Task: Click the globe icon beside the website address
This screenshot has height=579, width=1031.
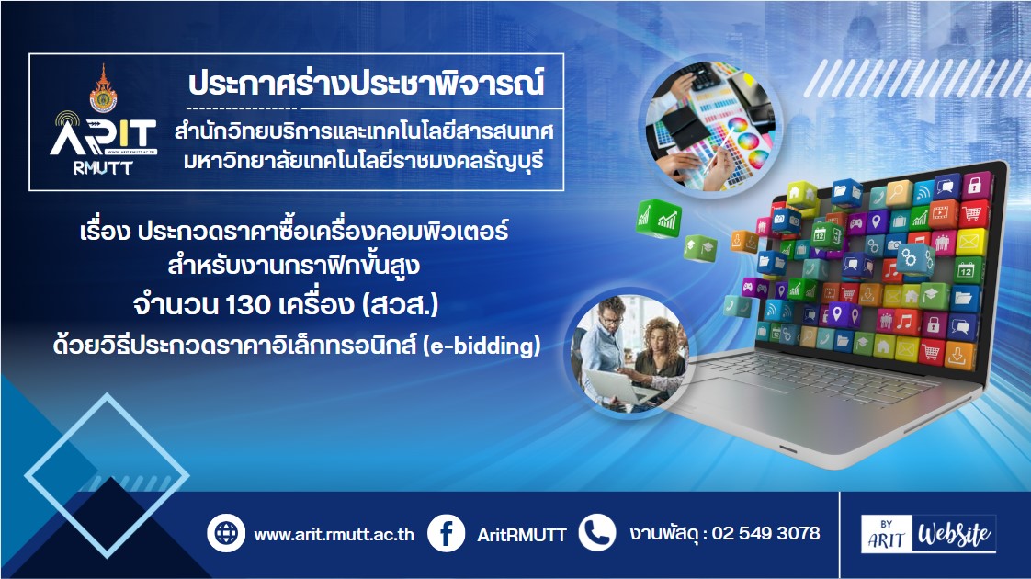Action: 225,533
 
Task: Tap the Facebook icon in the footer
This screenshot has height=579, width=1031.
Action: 446,533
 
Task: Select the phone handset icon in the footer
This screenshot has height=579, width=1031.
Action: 597,533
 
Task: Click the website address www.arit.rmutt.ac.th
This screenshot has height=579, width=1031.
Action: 334,534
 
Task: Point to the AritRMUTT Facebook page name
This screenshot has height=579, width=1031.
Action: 521,535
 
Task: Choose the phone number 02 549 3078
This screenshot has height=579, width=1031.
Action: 766,533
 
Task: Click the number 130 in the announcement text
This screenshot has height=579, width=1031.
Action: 248,304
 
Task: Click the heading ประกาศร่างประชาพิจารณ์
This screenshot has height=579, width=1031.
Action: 367,84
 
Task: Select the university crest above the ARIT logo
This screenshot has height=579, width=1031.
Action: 103,89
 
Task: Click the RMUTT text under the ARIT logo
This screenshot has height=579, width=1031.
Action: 103,168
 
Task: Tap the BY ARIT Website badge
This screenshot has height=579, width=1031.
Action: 928,534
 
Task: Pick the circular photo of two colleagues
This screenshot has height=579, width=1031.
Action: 629,355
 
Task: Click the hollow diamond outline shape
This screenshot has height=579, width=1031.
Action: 106,395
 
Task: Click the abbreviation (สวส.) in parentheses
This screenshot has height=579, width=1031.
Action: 400,304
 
